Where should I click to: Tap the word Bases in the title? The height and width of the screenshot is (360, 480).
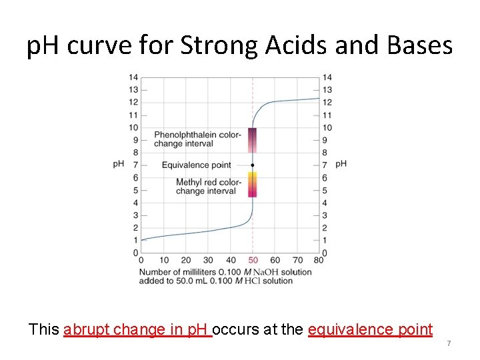coord(418,46)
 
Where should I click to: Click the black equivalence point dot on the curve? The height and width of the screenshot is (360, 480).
coord(253,165)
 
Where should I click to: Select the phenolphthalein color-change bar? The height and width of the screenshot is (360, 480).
coord(253,141)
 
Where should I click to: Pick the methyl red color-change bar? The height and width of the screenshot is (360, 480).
coord(253,185)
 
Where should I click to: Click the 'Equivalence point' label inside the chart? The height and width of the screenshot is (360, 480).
coord(196,165)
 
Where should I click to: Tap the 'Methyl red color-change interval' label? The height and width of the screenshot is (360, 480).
coord(208,187)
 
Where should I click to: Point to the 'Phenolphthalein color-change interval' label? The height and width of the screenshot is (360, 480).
coord(197,139)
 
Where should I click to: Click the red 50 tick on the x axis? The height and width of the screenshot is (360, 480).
coord(253,260)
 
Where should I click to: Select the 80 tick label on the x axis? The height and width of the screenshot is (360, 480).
coord(318,260)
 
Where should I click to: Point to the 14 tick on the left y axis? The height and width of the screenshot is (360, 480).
coord(133,77)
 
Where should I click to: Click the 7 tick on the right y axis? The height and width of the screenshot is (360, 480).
coord(325,165)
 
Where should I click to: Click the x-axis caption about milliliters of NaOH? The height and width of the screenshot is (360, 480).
coord(225,276)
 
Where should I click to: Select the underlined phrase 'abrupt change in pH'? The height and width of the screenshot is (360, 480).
coord(137,329)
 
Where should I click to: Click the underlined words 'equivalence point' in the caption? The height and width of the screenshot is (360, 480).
coord(370,329)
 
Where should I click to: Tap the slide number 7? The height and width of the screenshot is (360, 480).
coord(449,343)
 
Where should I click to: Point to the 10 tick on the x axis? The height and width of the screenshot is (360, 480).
coord(164,260)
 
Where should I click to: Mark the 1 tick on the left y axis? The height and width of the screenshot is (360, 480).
coord(135,240)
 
